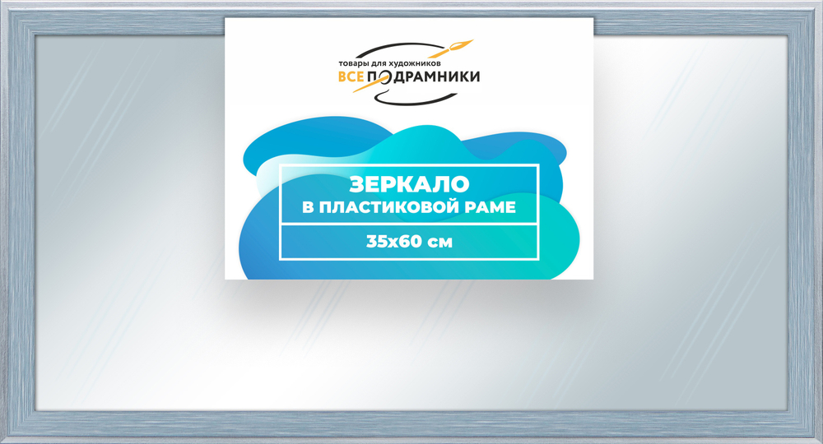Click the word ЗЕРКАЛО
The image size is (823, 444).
(x=409, y=183)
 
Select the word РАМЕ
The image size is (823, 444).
(x=491, y=207)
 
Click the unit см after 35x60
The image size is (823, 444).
(x=439, y=242)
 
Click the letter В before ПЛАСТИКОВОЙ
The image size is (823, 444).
(x=309, y=207)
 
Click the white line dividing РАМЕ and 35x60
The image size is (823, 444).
(x=409, y=224)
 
